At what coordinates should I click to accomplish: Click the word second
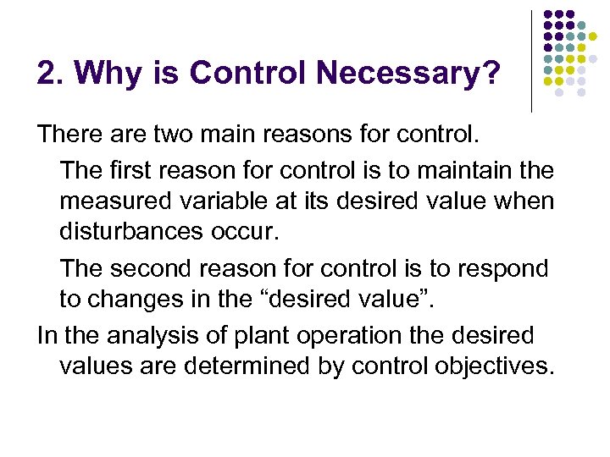pyautogui.click(x=158, y=269)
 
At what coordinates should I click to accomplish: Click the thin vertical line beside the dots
pyautogui.click(x=532, y=61)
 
